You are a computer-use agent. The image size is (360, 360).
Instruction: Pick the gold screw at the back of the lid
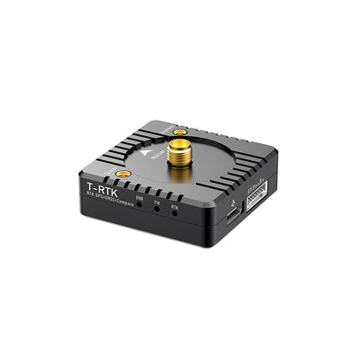coord(180,132)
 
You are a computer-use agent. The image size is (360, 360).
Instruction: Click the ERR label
coord(139,198)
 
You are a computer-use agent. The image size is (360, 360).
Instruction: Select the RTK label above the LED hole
coord(175,207)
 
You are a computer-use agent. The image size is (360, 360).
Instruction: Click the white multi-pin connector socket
coord(258,197)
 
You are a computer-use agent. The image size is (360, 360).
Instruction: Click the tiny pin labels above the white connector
coord(257,187)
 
